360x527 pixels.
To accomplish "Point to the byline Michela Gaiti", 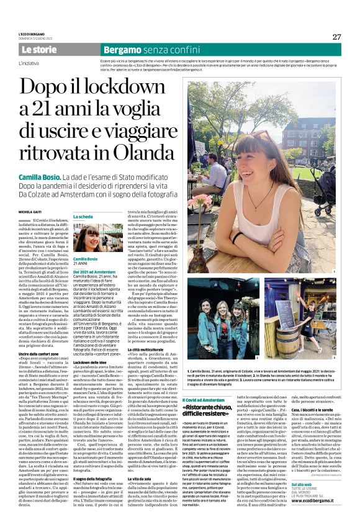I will click(31, 211).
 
